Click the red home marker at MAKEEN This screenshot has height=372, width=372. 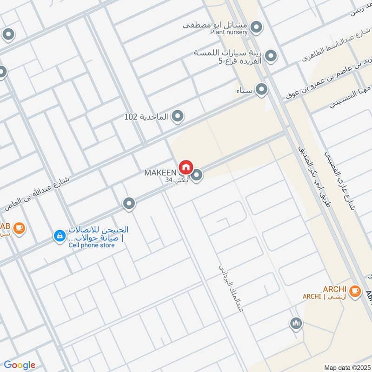pos(186,167)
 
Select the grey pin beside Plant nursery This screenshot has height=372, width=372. pos(256,28)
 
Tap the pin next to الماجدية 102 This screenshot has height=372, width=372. pos(177,117)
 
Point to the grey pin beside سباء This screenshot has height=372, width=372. pos(262,89)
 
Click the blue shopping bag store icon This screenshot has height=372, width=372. pos(59,237)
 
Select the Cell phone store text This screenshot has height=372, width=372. pos(91,245)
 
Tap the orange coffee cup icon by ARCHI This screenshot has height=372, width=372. pos(355,291)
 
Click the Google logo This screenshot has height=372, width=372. pos(20,365)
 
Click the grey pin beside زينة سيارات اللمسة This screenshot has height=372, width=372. pos(271,57)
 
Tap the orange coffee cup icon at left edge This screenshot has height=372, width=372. pos(19,228)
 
